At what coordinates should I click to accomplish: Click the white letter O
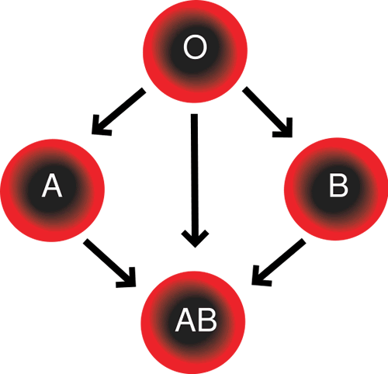tap(196, 47)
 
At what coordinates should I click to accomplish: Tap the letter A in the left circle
tap(52, 185)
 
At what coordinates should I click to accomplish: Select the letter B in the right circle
tap(338, 185)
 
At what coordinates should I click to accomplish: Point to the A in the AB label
tap(185, 320)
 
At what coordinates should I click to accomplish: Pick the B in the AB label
tap(207, 320)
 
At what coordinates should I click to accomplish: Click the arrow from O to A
tap(119, 112)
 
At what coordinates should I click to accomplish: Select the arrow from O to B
tap(268, 112)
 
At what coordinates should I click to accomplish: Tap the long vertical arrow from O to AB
tap(195, 180)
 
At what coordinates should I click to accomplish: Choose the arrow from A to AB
tap(109, 263)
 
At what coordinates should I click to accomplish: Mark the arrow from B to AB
tap(279, 262)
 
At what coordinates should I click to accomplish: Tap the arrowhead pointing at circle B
tap(285, 130)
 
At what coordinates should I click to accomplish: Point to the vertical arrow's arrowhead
tap(195, 239)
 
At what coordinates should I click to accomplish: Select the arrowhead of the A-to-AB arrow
tap(128, 279)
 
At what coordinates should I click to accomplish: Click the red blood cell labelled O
tap(196, 51)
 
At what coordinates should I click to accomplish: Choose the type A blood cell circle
tap(53, 190)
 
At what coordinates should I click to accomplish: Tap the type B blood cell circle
tap(336, 189)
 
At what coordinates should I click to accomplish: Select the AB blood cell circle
tap(193, 323)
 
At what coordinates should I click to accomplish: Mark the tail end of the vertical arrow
tap(194, 114)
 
